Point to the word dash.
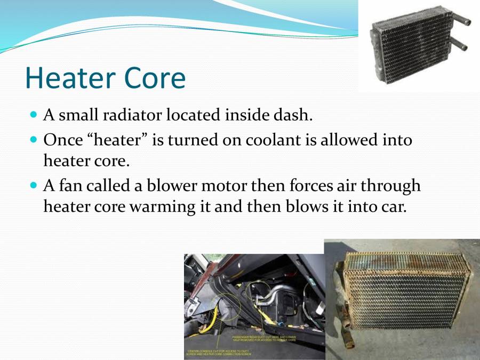[293, 115]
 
